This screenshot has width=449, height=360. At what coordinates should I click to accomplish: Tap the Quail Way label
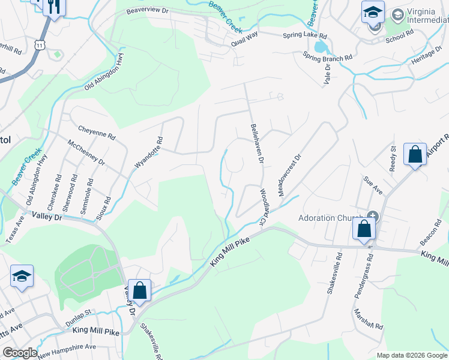click(x=244, y=35)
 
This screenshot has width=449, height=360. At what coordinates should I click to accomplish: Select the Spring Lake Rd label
click(x=306, y=36)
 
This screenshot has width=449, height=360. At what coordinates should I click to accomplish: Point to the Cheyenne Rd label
click(x=97, y=132)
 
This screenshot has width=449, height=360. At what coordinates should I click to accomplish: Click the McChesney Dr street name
click(x=86, y=154)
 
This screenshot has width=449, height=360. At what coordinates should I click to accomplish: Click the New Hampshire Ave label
click(x=66, y=347)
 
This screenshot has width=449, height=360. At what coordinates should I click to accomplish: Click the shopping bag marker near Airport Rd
click(x=415, y=155)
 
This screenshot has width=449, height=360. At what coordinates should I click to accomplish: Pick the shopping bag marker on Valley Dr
click(x=139, y=291)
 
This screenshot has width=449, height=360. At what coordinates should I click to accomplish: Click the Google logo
click(x=20, y=353)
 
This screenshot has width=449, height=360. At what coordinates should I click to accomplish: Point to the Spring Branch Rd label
click(x=327, y=58)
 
